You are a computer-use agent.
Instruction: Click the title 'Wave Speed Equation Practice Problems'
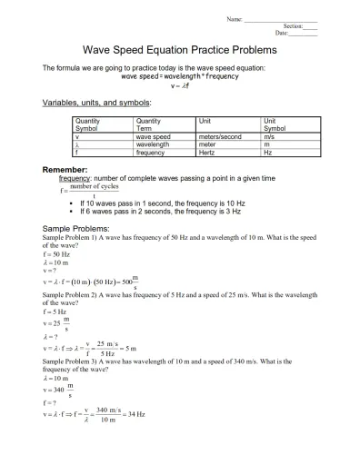point(179,50)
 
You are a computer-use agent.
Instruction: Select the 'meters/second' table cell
point(219,136)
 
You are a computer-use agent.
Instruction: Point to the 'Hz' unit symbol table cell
point(267,153)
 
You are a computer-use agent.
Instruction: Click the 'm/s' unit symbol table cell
point(269,136)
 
